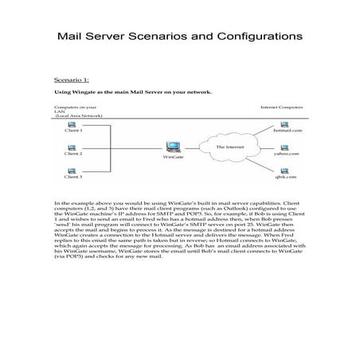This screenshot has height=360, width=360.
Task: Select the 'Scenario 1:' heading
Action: pos(72,80)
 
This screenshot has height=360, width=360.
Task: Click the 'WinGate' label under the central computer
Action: pos(173,158)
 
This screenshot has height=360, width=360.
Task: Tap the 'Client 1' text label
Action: pos(72,130)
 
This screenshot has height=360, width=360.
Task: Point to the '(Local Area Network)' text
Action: pos(80,115)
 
